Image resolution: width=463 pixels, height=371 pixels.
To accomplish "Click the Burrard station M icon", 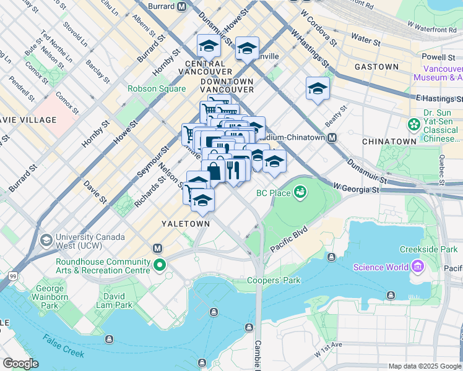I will tap(181, 7).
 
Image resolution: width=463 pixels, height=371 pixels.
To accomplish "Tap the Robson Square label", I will tap(157, 88).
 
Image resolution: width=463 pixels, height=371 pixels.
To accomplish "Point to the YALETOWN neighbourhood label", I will tap(186, 223).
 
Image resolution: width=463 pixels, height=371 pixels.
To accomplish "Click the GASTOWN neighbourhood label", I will tap(376, 66).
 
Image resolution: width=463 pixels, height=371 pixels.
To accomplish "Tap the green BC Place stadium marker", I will tap(300, 193).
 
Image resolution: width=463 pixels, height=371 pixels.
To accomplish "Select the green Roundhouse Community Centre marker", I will tap(160, 267).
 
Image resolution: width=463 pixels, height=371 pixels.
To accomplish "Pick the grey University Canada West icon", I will tap(46, 240).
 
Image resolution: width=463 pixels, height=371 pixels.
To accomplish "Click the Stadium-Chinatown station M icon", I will tap(332, 137).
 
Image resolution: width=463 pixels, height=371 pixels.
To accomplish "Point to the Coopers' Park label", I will tap(274, 280).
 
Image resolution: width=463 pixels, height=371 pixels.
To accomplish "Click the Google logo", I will tap(20, 364).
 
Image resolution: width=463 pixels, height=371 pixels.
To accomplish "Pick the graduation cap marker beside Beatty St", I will tap(318, 88).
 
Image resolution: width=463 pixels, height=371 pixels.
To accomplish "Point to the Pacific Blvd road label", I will tap(289, 239).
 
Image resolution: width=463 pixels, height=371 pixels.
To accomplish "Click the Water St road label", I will tap(365, 40).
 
